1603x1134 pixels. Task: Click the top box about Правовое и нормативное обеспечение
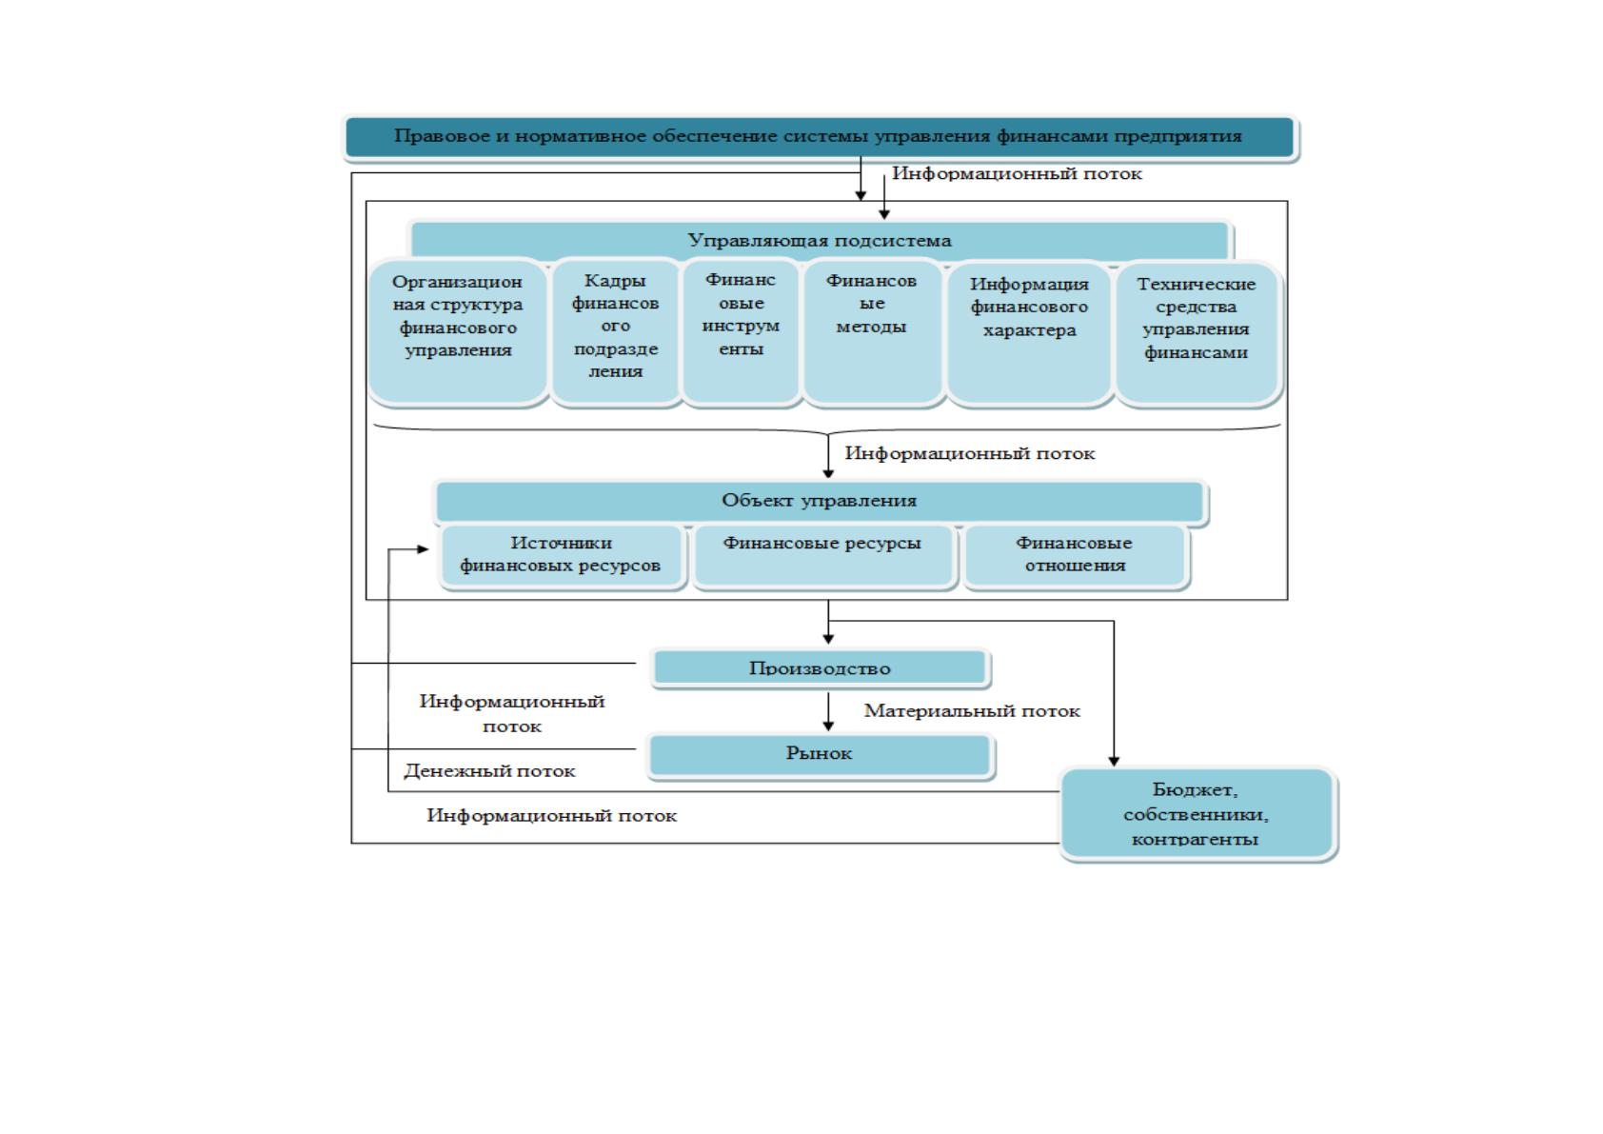point(820,137)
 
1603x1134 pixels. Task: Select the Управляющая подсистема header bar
point(820,241)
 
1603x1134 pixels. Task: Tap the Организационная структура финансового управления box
point(458,332)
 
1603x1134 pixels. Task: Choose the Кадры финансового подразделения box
point(616,332)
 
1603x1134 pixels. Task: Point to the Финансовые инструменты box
point(742,332)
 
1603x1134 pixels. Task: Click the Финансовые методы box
point(872,332)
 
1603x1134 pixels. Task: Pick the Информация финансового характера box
point(1029,333)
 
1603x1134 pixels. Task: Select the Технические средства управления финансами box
point(1197,333)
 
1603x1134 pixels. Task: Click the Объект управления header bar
point(820,501)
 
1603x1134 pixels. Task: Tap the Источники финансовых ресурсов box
point(561,556)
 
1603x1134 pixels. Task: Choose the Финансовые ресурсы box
point(823,556)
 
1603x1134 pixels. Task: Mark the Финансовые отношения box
point(1074,556)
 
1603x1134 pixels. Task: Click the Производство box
point(821,668)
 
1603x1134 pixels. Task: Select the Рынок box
point(820,754)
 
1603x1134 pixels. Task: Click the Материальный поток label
point(972,711)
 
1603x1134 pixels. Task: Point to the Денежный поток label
point(489,771)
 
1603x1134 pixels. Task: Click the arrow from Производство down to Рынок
point(828,711)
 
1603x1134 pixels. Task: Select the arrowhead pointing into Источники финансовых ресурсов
point(423,549)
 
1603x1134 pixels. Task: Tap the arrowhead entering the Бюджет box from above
point(1114,762)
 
